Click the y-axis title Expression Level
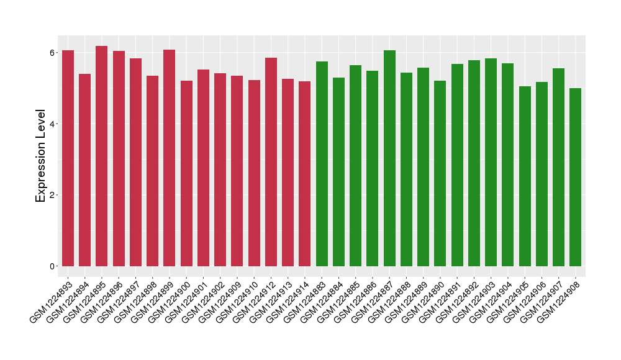pos(41,156)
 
